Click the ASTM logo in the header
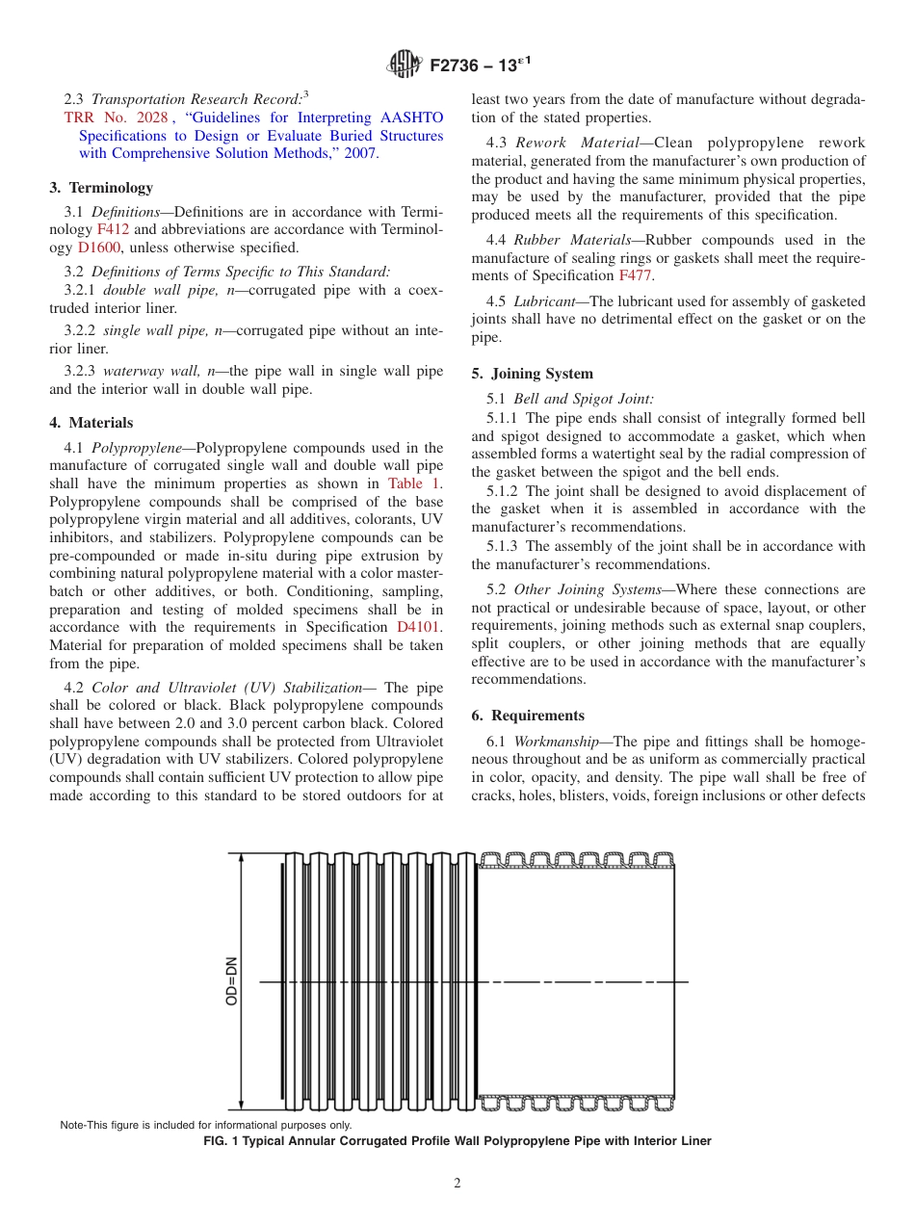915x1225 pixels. pyautogui.click(x=403, y=65)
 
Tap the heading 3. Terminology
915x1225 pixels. pyautogui.click(x=100, y=188)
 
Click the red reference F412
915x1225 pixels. pyautogui.click(x=113, y=229)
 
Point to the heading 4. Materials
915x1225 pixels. pyautogui.click(x=91, y=423)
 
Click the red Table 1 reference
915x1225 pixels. pyautogui.click(x=413, y=483)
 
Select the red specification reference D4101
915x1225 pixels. pyautogui.click(x=419, y=627)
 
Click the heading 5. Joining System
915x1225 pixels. pyautogui.click(x=532, y=374)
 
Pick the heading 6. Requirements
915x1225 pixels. pyautogui.click(x=528, y=716)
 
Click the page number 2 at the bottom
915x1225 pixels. pyautogui.click(x=457, y=1184)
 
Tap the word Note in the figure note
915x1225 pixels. pyautogui.click(x=73, y=1125)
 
